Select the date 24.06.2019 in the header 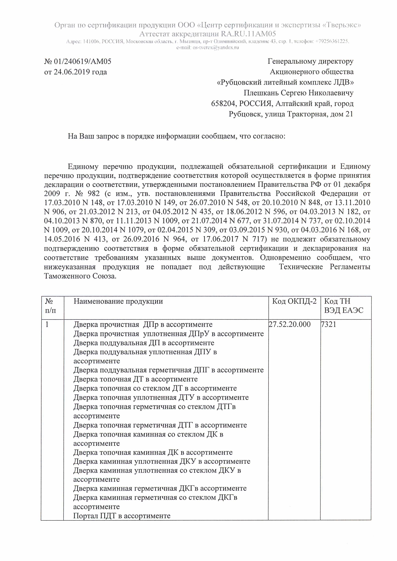(71, 72)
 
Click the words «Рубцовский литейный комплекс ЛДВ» (285, 83)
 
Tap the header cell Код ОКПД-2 (294, 301)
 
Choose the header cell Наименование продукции (118, 301)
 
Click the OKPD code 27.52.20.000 (290, 325)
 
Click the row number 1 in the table (47, 325)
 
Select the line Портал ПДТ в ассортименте (122, 516)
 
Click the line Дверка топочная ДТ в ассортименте (135, 379)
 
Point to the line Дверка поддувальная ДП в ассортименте (144, 343)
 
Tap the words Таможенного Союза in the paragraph (80, 276)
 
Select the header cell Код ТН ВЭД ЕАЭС (344, 306)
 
